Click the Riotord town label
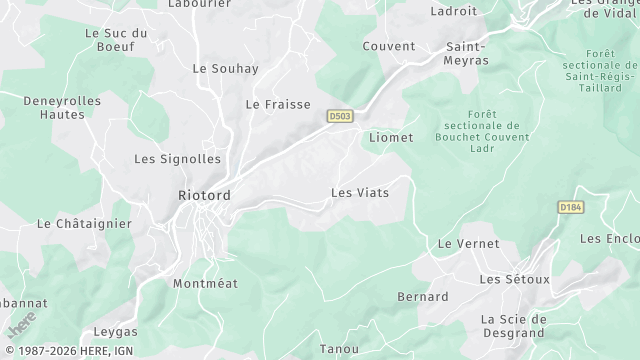click(203, 194)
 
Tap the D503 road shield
click(340, 117)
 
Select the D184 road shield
click(570, 207)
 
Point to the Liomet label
click(391, 137)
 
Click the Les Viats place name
click(359, 192)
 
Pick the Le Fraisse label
click(278, 104)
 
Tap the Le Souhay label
click(225, 69)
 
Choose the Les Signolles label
click(177, 159)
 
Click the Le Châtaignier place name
click(84, 224)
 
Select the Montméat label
click(206, 284)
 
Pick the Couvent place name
click(388, 46)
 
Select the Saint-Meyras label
click(467, 53)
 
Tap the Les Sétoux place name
click(515, 279)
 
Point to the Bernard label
click(423, 297)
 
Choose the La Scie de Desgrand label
click(512, 326)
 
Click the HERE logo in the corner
click(20, 325)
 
